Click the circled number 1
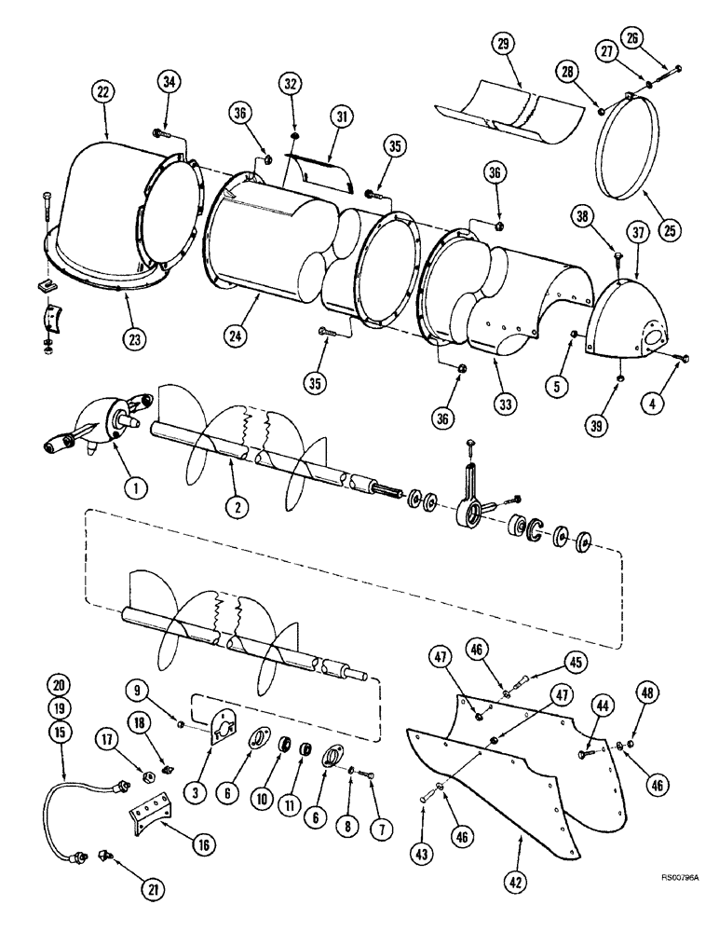tap(133, 487)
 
